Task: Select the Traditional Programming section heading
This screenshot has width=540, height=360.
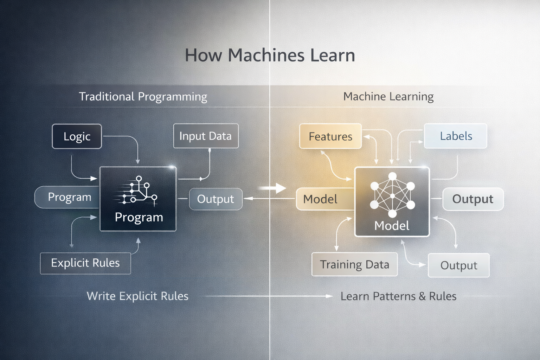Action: click(143, 97)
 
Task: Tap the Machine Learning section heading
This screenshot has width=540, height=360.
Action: click(388, 96)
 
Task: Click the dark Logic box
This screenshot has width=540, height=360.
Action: click(77, 136)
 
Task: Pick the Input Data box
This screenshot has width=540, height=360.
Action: click(206, 136)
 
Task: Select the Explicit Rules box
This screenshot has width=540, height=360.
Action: click(85, 263)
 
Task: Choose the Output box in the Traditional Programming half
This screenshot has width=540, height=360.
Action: click(216, 199)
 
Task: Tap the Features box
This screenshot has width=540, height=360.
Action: click(330, 136)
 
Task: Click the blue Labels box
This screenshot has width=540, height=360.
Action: click(456, 136)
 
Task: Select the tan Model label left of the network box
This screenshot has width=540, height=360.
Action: click(320, 199)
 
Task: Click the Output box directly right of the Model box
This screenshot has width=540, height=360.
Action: click(472, 199)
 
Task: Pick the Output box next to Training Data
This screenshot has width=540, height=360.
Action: click(458, 265)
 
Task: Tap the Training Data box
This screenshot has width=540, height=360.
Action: click(354, 264)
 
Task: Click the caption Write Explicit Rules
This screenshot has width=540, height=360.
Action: click(137, 296)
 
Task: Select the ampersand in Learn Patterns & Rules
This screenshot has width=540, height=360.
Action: click(422, 296)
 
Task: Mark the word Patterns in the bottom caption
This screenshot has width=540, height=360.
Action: click(394, 296)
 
